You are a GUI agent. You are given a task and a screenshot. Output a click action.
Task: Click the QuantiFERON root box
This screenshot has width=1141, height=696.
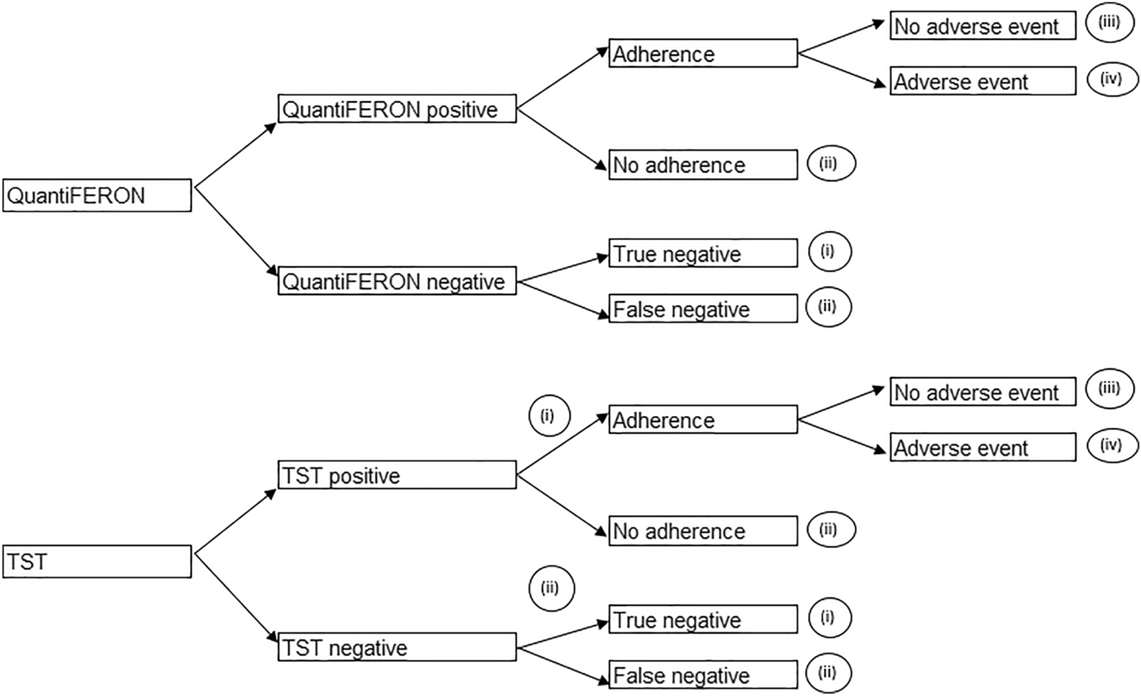[97, 196]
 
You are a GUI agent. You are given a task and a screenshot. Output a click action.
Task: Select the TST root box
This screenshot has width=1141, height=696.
[97, 561]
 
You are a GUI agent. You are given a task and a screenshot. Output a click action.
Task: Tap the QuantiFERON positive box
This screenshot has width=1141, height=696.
[396, 109]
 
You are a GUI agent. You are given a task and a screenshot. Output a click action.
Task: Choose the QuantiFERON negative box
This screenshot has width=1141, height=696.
[396, 281]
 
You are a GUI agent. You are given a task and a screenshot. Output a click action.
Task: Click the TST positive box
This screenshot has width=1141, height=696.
[396, 475]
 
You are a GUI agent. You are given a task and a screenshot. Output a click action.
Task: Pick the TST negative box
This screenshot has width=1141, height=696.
[396, 647]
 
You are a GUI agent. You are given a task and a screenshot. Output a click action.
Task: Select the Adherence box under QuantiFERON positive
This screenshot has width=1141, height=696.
[702, 53]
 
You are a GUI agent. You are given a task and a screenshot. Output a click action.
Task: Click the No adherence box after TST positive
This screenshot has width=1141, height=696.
[702, 531]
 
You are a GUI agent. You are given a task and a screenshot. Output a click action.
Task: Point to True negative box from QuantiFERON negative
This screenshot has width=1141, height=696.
[702, 253]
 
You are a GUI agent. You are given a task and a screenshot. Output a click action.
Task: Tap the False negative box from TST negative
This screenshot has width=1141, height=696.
[702, 675]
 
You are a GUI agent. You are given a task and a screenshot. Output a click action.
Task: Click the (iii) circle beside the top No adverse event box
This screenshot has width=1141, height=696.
[1110, 23]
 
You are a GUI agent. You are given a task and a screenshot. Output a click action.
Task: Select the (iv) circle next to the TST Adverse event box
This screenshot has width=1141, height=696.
[1110, 444]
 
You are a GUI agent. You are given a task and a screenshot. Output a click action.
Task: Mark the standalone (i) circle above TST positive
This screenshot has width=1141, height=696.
[549, 416]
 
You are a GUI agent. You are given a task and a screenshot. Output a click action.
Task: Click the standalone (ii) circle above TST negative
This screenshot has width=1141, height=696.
[551, 588]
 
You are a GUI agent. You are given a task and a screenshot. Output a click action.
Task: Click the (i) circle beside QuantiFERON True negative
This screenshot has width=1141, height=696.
[828, 252]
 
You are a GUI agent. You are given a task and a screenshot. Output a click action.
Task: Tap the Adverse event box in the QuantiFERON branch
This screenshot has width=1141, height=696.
[982, 81]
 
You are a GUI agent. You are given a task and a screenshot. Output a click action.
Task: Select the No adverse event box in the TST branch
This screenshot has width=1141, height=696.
[982, 392]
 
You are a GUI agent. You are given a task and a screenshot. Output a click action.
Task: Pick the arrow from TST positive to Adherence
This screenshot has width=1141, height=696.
[563, 444]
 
